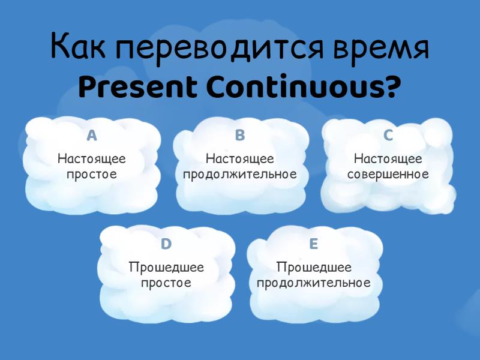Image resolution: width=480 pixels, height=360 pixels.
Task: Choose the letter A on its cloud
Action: [92, 136]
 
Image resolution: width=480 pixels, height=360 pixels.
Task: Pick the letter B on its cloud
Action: [240, 136]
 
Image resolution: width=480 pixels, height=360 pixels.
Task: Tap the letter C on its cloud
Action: [388, 136]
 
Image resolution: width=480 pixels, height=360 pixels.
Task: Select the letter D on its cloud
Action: [166, 244]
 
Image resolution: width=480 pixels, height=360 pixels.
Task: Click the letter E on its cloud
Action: [314, 244]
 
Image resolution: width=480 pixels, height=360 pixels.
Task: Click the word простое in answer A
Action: [92, 175]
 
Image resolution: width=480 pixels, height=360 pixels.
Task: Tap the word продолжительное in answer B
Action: [240, 175]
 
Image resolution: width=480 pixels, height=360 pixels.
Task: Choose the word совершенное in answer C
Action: [388, 175]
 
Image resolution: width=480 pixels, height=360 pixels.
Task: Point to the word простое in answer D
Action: [166, 283]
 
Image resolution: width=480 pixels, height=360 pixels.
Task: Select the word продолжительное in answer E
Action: [314, 283]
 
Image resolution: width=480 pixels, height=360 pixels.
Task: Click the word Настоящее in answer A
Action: [92, 159]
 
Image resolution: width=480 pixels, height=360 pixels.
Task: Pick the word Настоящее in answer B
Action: [240, 159]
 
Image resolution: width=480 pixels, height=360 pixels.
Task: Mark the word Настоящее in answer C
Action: [388, 159]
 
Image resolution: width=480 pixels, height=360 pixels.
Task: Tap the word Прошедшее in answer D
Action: [166, 268]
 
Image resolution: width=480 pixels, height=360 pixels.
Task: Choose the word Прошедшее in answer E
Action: [314, 268]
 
